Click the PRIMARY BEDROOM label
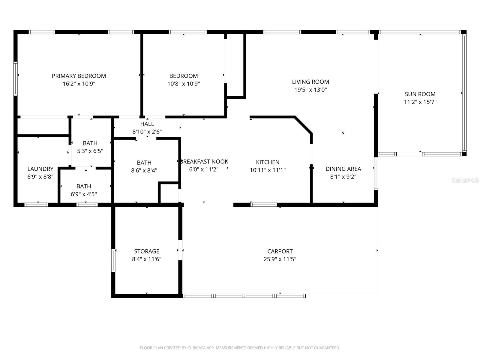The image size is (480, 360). click(79, 76)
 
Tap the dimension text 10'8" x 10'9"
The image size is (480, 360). click(183, 84)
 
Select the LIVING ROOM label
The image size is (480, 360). click(310, 82)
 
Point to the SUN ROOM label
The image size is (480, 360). click(420, 94)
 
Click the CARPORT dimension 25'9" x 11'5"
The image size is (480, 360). click(280, 259)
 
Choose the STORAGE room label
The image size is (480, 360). click(146, 251)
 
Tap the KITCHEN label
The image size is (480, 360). click(268, 162)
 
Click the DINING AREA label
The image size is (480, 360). click(343, 169)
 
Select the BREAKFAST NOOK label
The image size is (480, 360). click(204, 161)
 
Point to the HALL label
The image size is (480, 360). click(147, 124)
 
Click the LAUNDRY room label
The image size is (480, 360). click(40, 169)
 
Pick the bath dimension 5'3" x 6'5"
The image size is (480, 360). click(90, 151)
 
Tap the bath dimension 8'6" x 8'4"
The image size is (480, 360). click(144, 170)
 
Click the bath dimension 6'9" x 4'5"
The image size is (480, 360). click(84, 194)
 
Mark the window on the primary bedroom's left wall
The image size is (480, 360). click(16, 79)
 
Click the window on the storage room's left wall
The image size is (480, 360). click(113, 260)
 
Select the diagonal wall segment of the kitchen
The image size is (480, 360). click(304, 125)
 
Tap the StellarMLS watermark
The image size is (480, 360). click(465, 180)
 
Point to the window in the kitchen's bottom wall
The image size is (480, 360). click(264, 205)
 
